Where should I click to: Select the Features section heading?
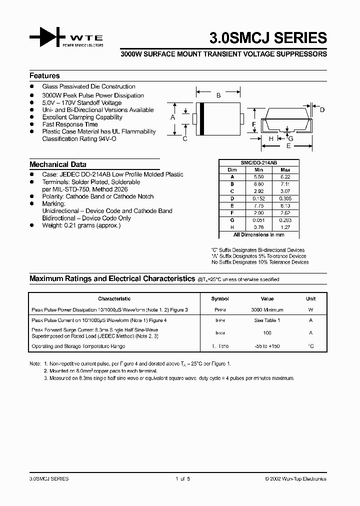click(44, 76)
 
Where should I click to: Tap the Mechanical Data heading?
click(57, 164)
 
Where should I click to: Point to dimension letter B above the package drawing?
click(218, 94)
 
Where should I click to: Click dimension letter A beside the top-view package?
click(172, 117)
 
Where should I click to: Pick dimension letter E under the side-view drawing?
click(288, 146)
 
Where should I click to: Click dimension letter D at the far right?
click(322, 110)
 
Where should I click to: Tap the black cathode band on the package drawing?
click(201, 118)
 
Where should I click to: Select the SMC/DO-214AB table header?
click(259, 163)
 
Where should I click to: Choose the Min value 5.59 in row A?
click(258, 177)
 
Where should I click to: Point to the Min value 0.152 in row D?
click(258, 198)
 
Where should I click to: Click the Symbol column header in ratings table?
click(220, 299)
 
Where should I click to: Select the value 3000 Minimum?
click(267, 310)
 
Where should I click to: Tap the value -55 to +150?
click(267, 346)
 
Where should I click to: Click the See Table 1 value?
click(267, 320)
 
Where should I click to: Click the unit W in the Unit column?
click(310, 310)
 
